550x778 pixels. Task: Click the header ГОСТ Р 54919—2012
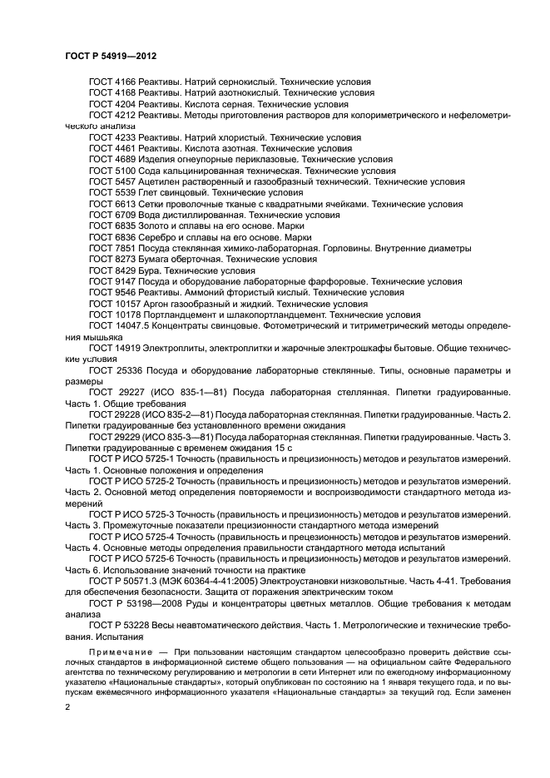tap(111, 56)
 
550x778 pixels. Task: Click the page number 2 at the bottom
tap(68, 706)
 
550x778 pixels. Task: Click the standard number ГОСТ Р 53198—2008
tap(132, 601)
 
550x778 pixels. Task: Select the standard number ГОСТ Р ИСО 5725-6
tap(131, 557)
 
